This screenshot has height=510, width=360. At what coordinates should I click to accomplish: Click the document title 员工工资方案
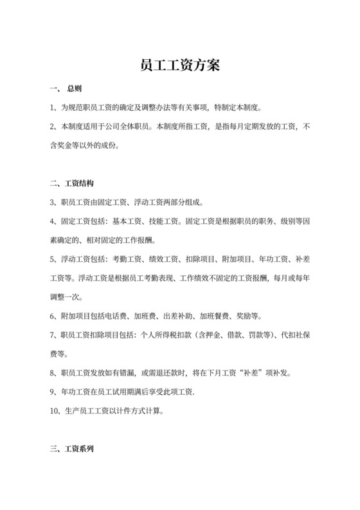pyautogui.click(x=179, y=65)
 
